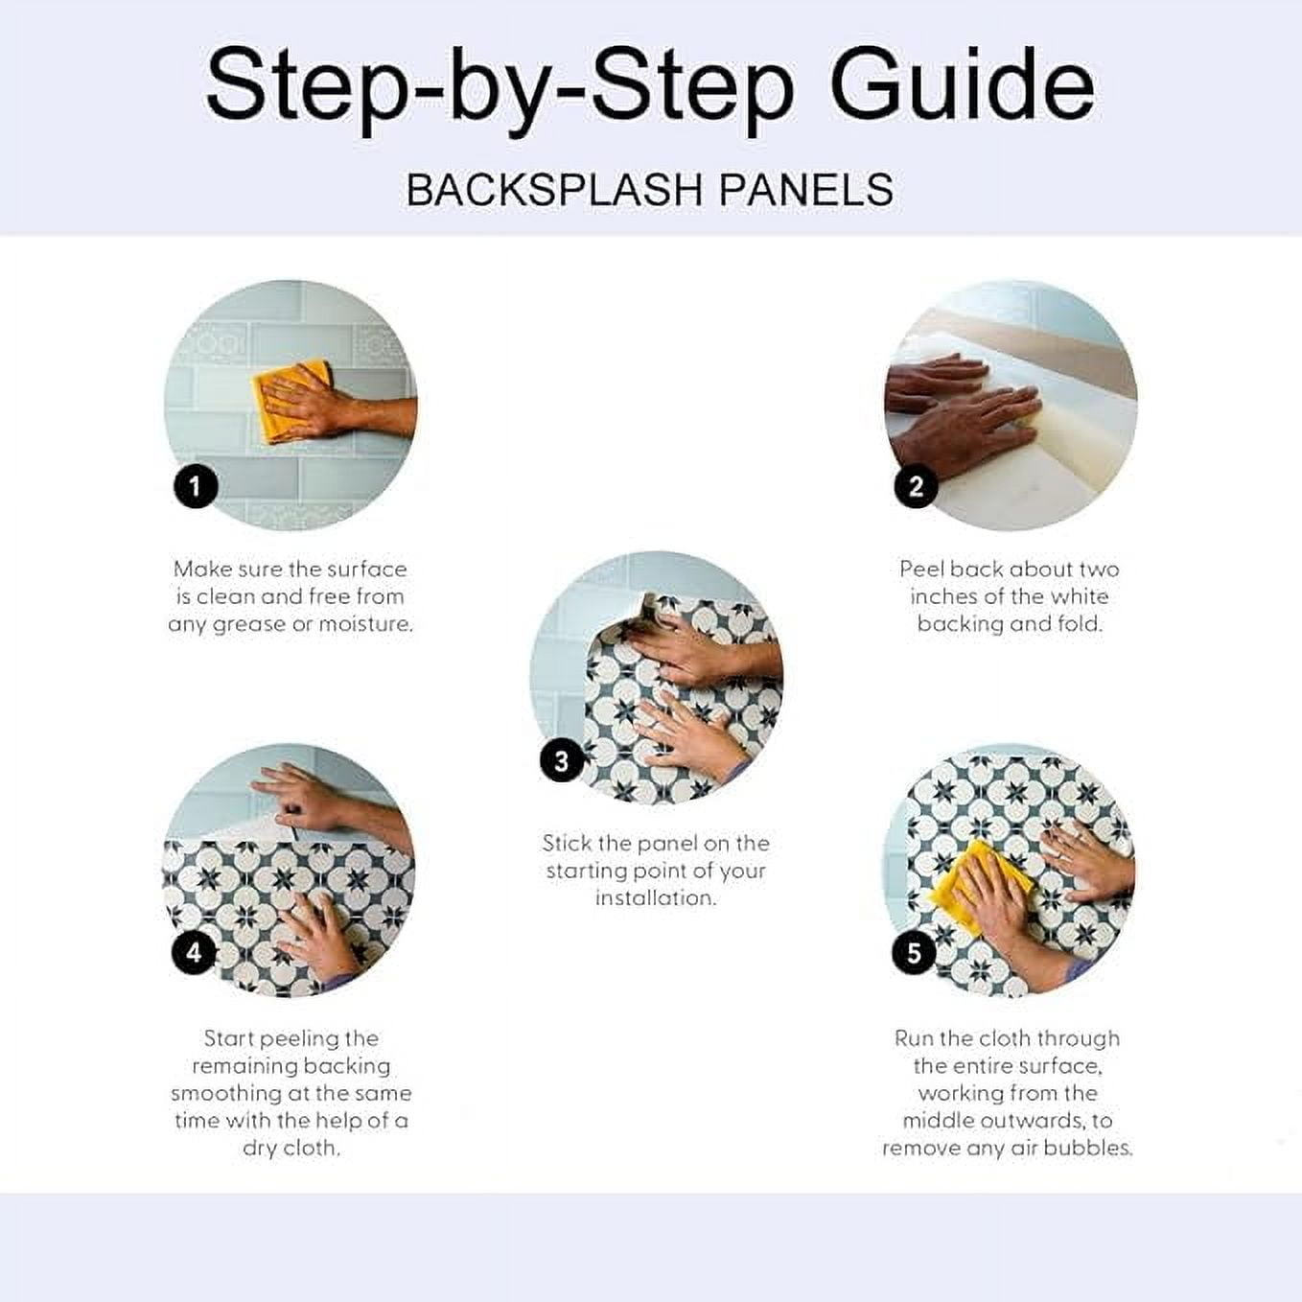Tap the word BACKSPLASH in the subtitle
tap(554, 190)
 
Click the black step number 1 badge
tap(196, 486)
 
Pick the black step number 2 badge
tap(916, 486)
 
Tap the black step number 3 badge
tap(562, 761)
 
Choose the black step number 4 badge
tap(194, 953)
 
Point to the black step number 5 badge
tap(914, 953)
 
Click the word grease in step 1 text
tap(251, 625)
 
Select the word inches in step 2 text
tap(942, 596)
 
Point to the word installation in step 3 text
tap(656, 898)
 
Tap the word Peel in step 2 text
tap(921, 569)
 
